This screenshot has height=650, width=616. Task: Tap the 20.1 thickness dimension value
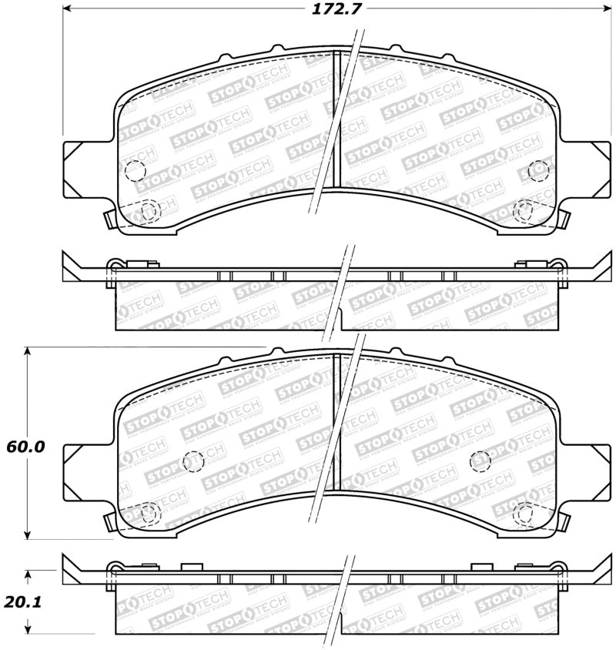[x=23, y=603]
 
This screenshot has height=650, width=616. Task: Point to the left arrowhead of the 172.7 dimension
[x=67, y=10]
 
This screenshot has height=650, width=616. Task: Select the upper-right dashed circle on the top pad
[x=540, y=169]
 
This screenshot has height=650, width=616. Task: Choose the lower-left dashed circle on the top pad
[x=149, y=209]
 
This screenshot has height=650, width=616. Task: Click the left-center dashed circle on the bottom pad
[x=192, y=461]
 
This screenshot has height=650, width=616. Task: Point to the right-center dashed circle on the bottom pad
[x=480, y=461]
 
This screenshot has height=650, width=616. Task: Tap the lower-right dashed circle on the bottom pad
[x=527, y=512]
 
